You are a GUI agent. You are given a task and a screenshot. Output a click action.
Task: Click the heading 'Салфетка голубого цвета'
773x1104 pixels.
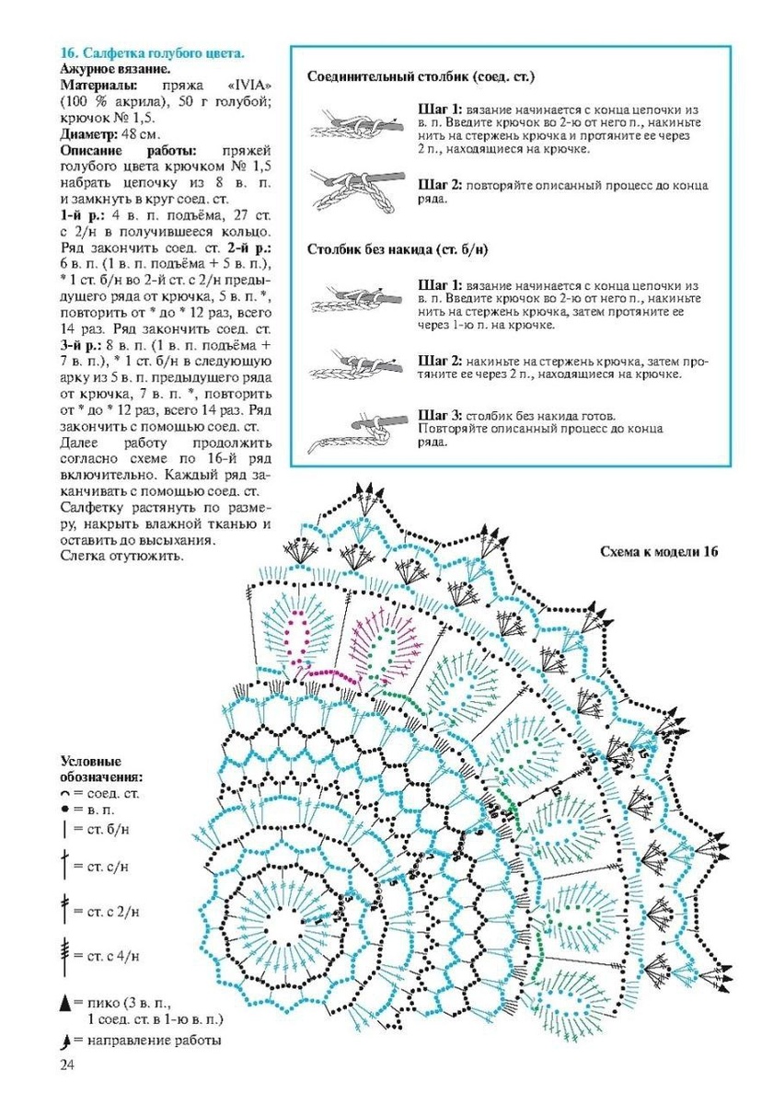(162, 53)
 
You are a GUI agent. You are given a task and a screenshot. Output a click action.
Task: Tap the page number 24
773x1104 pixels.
(66, 1065)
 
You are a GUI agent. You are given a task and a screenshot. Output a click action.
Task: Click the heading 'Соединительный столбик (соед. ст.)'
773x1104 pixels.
(421, 76)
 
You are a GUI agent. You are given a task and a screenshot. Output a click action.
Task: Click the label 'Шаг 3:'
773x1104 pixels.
(438, 417)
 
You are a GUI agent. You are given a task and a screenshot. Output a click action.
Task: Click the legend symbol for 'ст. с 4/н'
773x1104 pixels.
(66, 951)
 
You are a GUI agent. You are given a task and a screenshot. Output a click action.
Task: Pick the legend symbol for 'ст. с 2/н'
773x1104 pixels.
(66, 910)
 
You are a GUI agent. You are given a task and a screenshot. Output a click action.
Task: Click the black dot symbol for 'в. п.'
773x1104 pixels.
(65, 807)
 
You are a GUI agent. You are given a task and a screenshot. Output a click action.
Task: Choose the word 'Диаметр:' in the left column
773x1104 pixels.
(88, 132)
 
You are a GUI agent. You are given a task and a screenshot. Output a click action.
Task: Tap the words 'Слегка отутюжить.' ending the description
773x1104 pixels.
(122, 556)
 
